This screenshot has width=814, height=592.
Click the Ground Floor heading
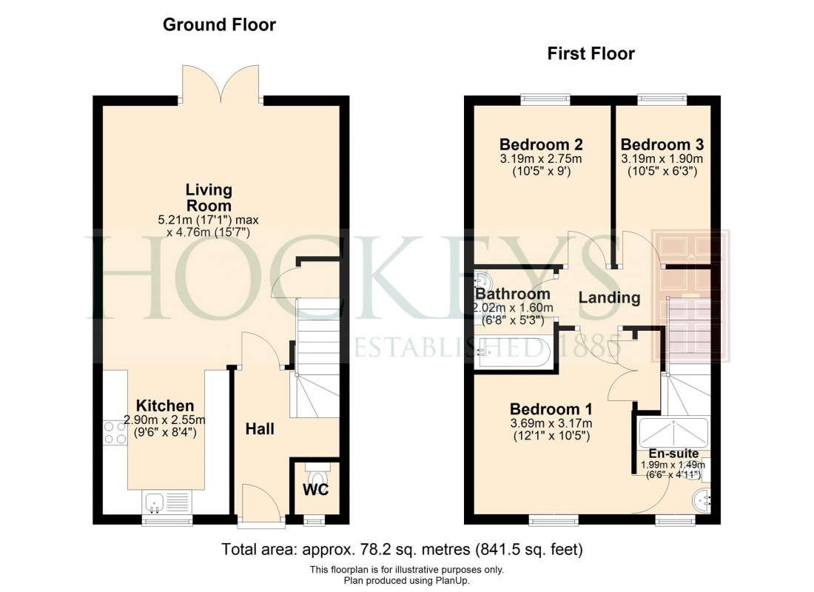[x=219, y=25]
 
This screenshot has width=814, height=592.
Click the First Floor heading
[x=591, y=53]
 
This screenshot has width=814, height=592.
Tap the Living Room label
[x=208, y=198]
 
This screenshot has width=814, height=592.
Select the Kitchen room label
[x=165, y=406]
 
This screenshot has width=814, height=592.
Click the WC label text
[x=314, y=490]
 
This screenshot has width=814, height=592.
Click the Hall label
[x=260, y=428]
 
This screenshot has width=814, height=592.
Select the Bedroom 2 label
[x=540, y=144]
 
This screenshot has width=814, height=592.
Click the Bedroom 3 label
[x=662, y=144]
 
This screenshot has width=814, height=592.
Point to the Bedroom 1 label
[x=551, y=409]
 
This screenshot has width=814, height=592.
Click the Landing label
[x=608, y=297]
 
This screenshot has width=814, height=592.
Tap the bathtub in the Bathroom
[x=511, y=353]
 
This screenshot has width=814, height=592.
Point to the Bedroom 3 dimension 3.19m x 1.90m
[x=662, y=159]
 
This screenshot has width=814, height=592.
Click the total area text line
[x=403, y=550]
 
